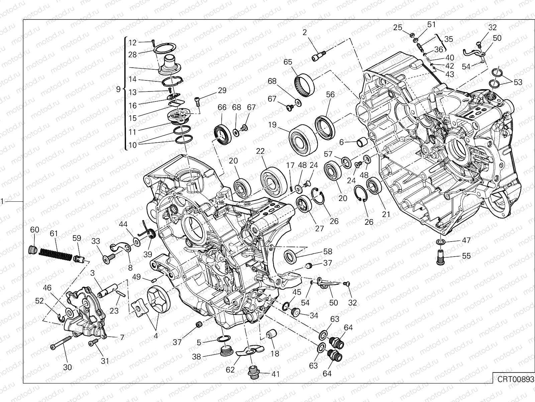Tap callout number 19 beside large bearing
click(272, 125)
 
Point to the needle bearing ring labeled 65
click(304, 81)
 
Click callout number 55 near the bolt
click(466, 256)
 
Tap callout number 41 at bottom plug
click(276, 374)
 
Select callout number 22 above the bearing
click(260, 151)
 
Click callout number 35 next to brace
click(449, 39)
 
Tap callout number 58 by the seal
click(328, 251)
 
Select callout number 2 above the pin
click(304, 32)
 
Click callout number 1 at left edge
click(2, 201)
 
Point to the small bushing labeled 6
click(362, 142)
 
